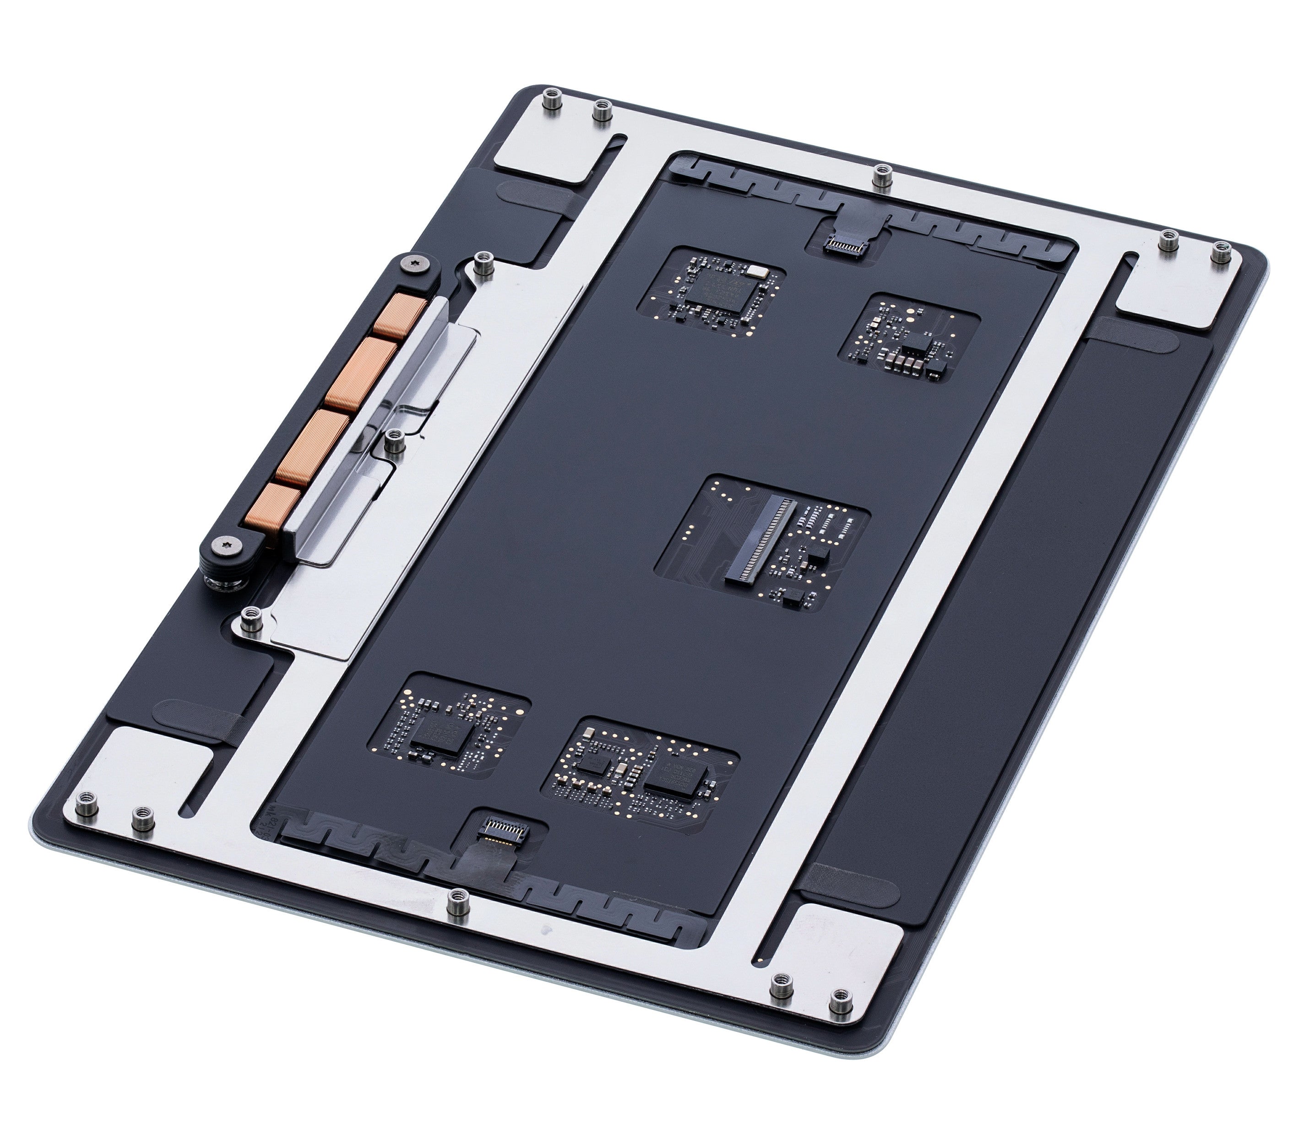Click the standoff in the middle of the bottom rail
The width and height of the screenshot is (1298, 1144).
455,901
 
